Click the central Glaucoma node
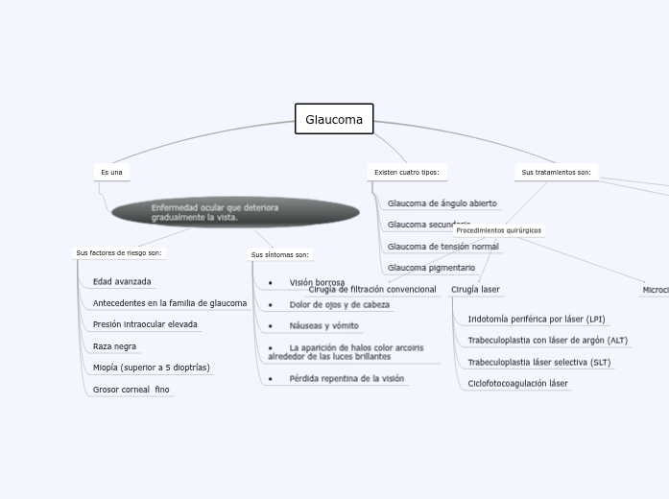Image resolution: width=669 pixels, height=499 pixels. click(334, 120)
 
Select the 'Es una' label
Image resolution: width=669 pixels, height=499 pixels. click(111, 173)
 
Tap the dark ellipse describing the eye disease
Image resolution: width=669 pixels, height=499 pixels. click(235, 212)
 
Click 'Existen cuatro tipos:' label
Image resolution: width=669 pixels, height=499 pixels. click(406, 173)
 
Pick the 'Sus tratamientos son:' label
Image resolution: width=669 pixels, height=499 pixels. click(556, 173)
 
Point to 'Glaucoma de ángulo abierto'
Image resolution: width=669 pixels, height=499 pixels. click(442, 203)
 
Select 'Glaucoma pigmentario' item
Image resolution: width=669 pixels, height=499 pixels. click(431, 268)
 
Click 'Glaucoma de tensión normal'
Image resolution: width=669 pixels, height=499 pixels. click(442, 247)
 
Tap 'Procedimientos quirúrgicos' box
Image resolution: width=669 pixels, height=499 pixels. click(498, 230)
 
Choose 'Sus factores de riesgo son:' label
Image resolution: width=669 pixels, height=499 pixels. click(119, 253)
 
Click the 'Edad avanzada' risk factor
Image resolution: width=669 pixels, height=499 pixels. click(122, 282)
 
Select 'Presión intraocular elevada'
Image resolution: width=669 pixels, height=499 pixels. click(145, 324)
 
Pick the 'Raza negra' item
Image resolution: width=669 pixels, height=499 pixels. click(114, 346)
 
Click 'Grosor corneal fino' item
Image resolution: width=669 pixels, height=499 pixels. click(131, 390)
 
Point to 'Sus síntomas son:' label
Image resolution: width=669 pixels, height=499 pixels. click(280, 255)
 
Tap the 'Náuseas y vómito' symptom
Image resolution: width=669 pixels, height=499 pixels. click(323, 326)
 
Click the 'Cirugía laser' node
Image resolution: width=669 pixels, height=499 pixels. click(475, 290)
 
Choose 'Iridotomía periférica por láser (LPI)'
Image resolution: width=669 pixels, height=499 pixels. click(536, 319)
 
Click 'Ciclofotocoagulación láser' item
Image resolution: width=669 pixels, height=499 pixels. click(517, 384)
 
